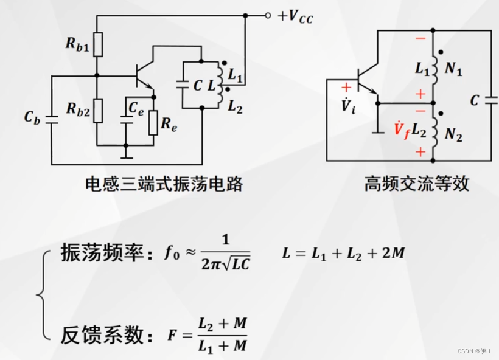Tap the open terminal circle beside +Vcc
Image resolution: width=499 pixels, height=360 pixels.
(268, 16)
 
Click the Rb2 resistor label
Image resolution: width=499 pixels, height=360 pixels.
(78, 109)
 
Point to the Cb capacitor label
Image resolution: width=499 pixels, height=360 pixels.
(32, 117)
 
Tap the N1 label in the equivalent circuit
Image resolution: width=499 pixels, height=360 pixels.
(453, 70)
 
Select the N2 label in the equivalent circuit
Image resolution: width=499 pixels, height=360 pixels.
(453, 136)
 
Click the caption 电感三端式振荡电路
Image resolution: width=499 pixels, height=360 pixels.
(164, 184)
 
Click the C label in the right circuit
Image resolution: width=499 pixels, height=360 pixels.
(475, 100)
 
